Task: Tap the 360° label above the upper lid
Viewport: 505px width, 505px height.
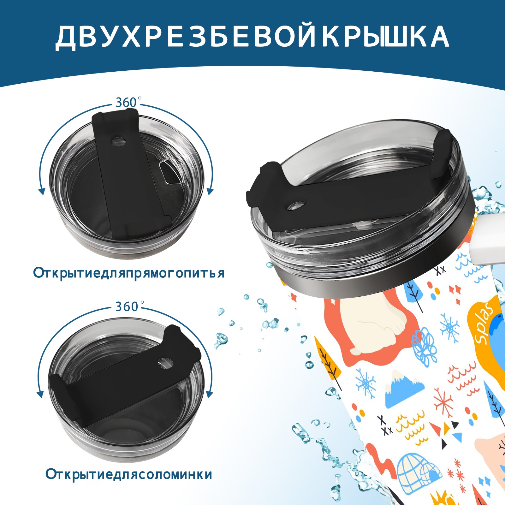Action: click(126, 103)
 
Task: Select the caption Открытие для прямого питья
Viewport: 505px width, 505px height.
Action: click(129, 273)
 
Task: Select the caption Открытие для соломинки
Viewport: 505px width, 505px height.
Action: click(129, 474)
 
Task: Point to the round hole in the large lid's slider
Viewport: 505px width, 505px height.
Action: click(297, 205)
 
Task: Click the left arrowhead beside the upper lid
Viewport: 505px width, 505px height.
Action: click(41, 191)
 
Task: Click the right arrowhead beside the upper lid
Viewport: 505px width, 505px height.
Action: click(211, 191)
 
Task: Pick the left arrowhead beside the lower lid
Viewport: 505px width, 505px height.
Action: click(40, 394)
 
